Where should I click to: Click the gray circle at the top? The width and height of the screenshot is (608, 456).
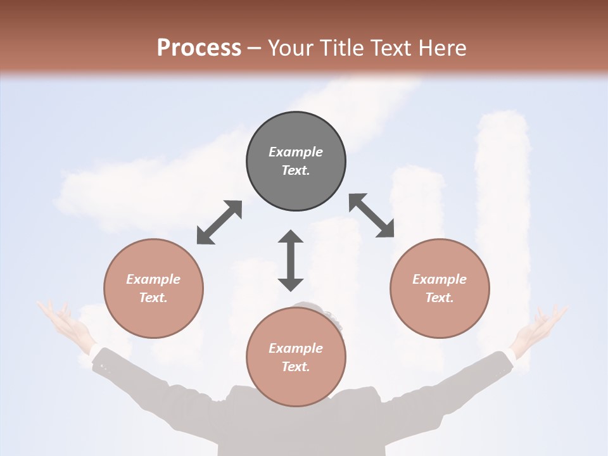296,161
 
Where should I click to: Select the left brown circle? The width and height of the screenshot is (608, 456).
153,288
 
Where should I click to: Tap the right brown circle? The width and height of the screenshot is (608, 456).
440,288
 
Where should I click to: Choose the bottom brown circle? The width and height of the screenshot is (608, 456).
296,357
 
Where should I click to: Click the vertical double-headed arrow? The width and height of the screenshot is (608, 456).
291,260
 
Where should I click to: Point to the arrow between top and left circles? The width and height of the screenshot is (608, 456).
219,222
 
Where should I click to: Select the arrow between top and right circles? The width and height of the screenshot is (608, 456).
372,215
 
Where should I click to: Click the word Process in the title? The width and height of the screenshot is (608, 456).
199,47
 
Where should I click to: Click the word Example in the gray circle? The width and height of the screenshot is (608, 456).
296,152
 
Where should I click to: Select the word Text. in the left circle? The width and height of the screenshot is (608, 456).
153,298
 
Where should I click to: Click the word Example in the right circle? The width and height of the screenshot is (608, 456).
440,279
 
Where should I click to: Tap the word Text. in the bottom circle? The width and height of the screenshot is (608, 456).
296,367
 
